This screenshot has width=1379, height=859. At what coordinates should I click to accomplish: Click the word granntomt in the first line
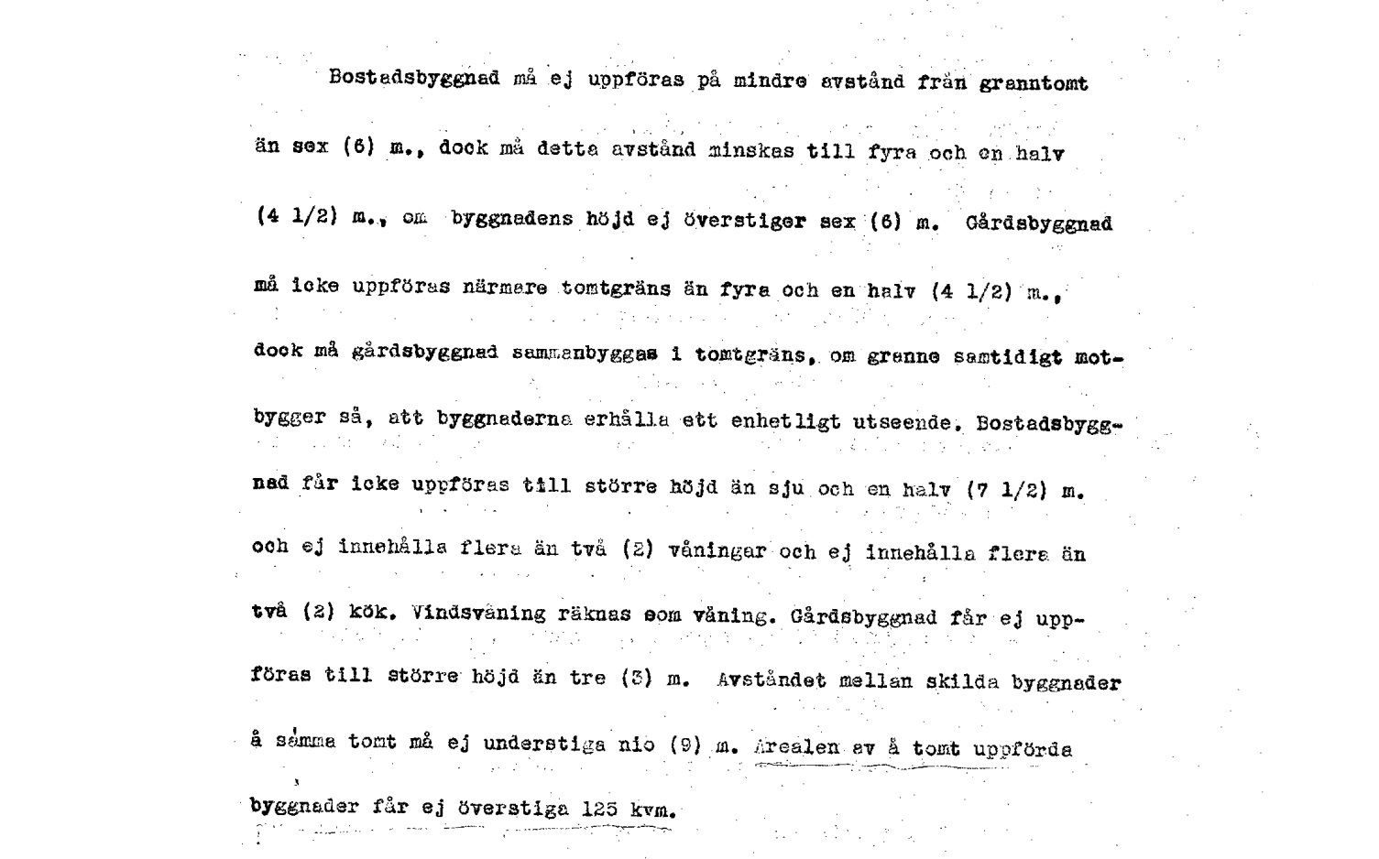tap(1034, 84)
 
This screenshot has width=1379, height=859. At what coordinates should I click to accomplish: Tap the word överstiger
tap(745, 221)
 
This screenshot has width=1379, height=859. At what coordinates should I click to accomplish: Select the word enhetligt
tap(785, 422)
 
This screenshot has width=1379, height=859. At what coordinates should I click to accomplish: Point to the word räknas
tap(594, 614)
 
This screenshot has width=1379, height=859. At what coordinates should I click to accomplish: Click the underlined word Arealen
tap(796, 747)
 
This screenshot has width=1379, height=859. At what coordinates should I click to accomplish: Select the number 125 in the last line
tap(600, 809)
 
